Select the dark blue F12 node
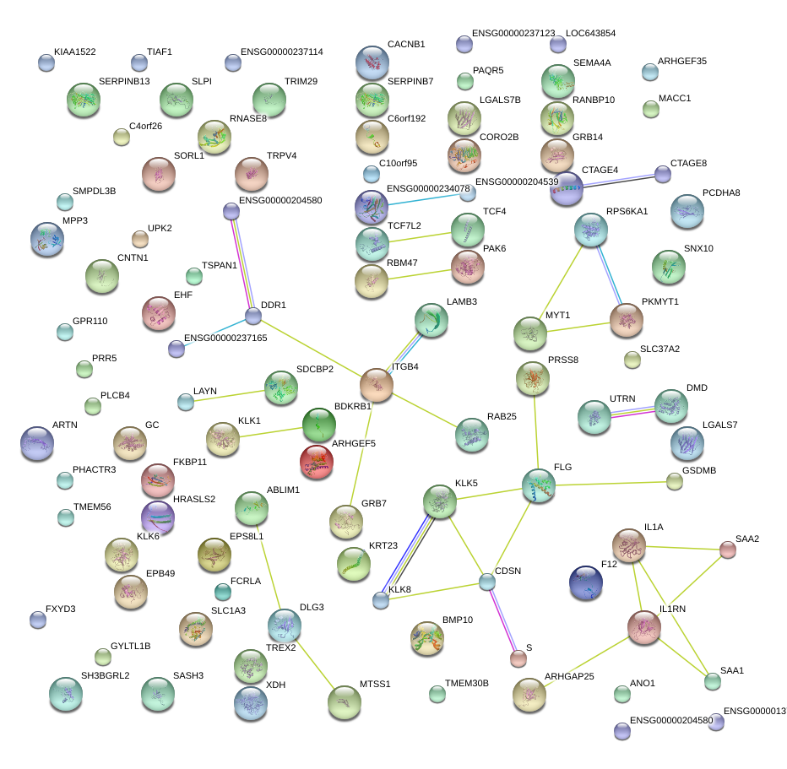point(586,582)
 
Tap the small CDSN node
point(487,582)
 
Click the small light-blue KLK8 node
point(381,600)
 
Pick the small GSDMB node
point(674,482)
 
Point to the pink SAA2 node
point(727,550)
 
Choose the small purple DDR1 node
point(253,317)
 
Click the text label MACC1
point(675,98)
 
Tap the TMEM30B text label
point(466,683)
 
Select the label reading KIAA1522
point(74,51)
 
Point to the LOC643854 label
point(590,34)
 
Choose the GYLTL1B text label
point(130,646)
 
